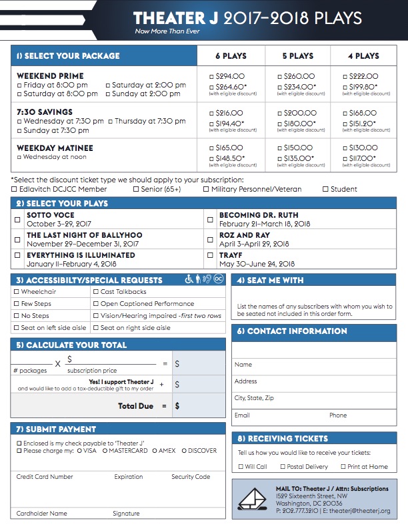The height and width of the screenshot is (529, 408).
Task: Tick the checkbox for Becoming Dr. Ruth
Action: click(x=209, y=219)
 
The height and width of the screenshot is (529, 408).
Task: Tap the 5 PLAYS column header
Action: click(x=297, y=55)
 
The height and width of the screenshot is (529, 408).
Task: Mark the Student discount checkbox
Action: click(x=325, y=190)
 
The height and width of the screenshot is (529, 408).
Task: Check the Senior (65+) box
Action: click(x=136, y=190)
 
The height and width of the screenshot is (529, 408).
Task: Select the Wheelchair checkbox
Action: click(x=17, y=292)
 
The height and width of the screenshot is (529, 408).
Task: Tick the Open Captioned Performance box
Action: click(x=95, y=304)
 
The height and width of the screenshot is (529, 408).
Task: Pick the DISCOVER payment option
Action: click(x=183, y=451)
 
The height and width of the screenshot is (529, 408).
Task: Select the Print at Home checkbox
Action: click(x=343, y=467)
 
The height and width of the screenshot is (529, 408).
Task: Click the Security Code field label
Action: click(x=191, y=477)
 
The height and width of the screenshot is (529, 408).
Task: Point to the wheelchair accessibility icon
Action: click(x=189, y=280)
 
